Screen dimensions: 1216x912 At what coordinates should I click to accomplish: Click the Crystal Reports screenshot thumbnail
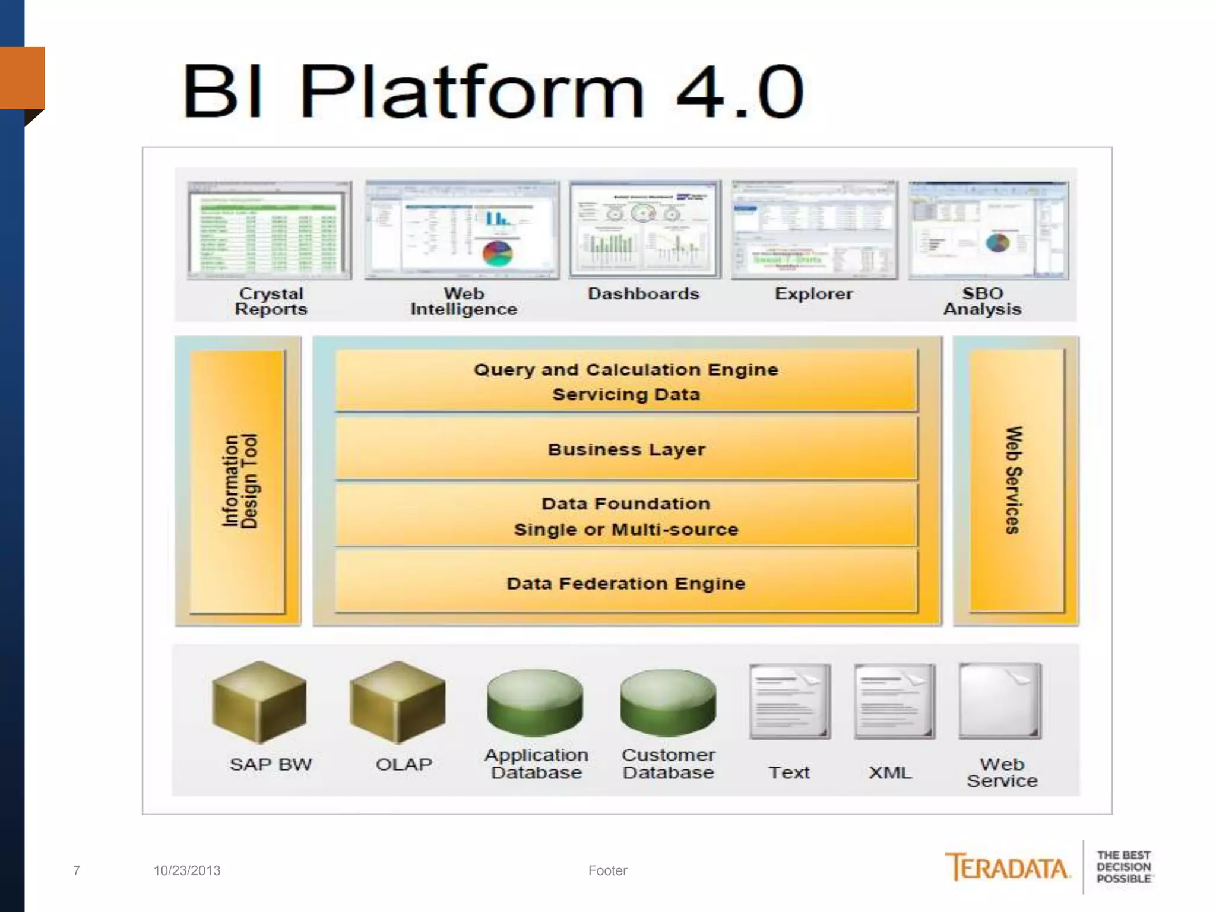click(x=270, y=230)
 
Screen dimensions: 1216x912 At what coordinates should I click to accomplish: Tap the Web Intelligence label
click(x=464, y=302)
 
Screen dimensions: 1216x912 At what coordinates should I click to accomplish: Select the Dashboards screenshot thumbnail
click(x=645, y=229)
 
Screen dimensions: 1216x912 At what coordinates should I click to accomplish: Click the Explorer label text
click(x=813, y=294)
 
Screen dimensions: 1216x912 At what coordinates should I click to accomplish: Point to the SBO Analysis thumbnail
click(x=988, y=230)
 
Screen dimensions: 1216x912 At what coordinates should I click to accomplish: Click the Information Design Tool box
click(x=238, y=481)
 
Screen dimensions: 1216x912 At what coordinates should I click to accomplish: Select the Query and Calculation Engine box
click(x=626, y=381)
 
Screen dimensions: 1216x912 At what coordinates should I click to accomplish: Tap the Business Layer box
click(x=626, y=449)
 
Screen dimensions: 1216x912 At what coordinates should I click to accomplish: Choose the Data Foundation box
click(x=626, y=516)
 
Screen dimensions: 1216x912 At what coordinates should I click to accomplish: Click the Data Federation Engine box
click(x=626, y=582)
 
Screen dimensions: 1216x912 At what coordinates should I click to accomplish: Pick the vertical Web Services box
click(x=1016, y=480)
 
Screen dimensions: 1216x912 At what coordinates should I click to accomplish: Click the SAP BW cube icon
click(x=259, y=702)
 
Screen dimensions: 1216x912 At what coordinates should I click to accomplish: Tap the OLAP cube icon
click(x=397, y=702)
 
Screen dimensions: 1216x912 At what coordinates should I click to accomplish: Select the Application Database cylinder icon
click(x=535, y=702)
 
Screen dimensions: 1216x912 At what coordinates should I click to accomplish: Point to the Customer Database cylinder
click(x=668, y=702)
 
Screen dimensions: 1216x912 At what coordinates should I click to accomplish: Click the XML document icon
click(x=894, y=701)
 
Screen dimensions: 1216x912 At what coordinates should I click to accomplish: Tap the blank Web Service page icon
click(x=1000, y=701)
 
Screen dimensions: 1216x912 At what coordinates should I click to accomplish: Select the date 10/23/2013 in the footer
click(x=187, y=870)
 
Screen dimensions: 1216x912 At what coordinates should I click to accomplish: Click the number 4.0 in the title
click(x=740, y=92)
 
